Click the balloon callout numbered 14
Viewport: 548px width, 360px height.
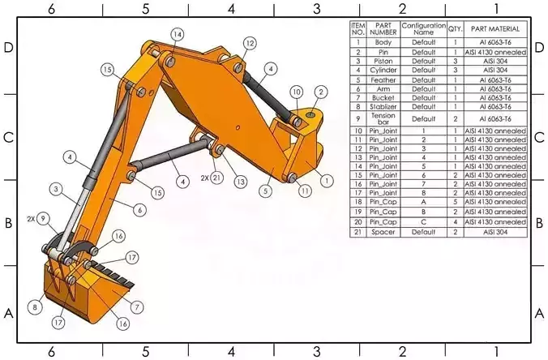click(x=177, y=34)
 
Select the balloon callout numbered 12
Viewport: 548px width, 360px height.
click(x=249, y=43)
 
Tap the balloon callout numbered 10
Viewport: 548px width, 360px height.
click(x=297, y=92)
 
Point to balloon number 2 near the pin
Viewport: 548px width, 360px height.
click(x=320, y=92)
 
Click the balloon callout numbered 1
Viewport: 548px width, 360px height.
click(x=327, y=180)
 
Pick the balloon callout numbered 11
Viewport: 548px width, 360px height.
click(x=305, y=191)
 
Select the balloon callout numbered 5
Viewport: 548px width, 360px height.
click(x=265, y=192)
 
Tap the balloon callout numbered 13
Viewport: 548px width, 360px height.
click(x=241, y=182)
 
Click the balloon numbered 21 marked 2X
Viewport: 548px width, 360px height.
click(x=216, y=177)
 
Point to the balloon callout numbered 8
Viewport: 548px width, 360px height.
click(x=35, y=307)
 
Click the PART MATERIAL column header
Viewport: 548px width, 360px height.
click(x=496, y=29)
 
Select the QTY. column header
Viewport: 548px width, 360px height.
click(x=456, y=29)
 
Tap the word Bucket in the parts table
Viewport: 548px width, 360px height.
click(x=383, y=97)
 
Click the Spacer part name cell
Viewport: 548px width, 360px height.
click(x=383, y=232)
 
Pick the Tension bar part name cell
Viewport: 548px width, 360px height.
click(x=383, y=118)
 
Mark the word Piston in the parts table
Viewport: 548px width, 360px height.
click(x=383, y=61)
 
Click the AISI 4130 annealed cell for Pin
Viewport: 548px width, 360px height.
click(x=496, y=52)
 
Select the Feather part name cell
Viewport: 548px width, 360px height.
click(x=383, y=79)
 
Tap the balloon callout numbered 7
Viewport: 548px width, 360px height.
click(x=137, y=307)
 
